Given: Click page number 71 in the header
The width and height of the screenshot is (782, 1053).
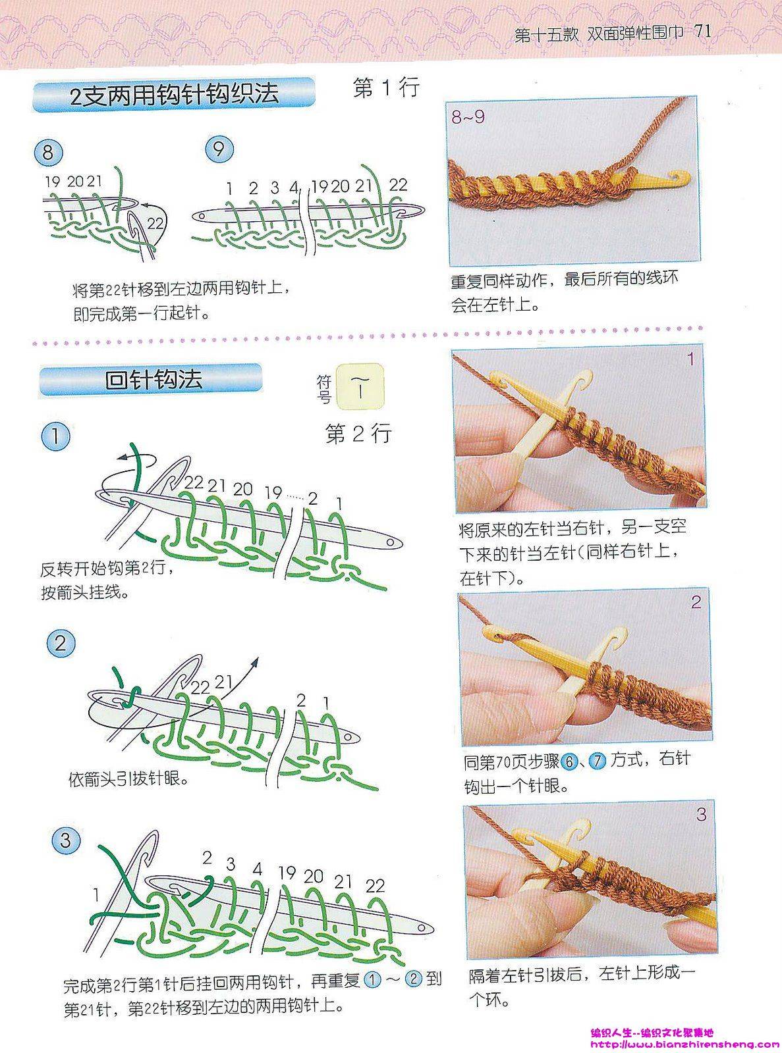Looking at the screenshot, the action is coord(702,32).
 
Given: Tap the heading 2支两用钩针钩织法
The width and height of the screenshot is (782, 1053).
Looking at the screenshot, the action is coord(174,95).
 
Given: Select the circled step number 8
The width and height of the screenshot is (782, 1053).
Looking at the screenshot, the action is coord(48,153).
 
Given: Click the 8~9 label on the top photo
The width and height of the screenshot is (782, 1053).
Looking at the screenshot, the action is coord(468,117).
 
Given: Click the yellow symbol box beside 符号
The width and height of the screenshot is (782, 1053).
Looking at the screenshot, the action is coord(360,386).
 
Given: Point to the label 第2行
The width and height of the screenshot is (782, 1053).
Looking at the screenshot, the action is coord(359,432).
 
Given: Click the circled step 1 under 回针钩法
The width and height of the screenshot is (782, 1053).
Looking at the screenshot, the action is coord(55,436).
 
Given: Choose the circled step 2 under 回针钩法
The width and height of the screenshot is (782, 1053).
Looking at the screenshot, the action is coord(61,644).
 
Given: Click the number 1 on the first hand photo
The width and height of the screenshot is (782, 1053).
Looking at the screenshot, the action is coord(691,359).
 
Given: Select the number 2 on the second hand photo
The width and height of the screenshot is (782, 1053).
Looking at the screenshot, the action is coord(696,602).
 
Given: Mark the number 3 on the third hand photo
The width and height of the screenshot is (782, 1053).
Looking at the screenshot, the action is coord(702,815).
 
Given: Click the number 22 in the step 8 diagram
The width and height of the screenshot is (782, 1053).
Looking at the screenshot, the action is coord(155,222).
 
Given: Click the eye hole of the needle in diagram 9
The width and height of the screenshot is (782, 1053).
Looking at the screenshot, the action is coord(202,217).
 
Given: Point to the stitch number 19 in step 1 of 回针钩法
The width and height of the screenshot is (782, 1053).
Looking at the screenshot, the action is coord(274,493).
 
